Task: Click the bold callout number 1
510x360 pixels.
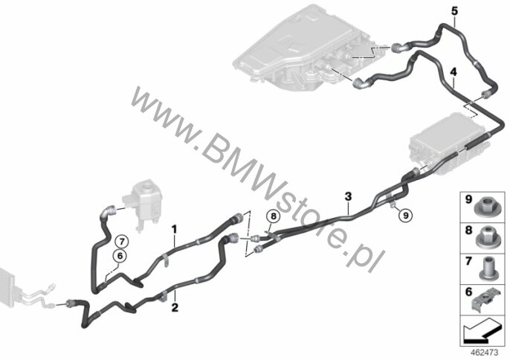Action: coord(174,230)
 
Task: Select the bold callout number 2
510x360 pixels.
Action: coord(175,307)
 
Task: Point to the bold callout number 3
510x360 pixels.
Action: coord(348,196)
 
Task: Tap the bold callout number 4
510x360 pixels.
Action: coord(453,72)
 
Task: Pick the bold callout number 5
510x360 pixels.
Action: coord(454,10)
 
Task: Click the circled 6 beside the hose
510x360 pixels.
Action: coord(120,256)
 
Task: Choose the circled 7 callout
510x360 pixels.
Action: coord(122,242)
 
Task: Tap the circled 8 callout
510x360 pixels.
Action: coord(274,216)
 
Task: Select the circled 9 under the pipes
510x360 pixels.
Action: coord(405,215)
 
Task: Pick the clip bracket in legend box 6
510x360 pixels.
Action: coord(485,300)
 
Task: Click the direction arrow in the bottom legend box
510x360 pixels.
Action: coord(482,332)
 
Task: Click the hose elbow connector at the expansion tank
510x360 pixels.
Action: coord(109,211)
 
